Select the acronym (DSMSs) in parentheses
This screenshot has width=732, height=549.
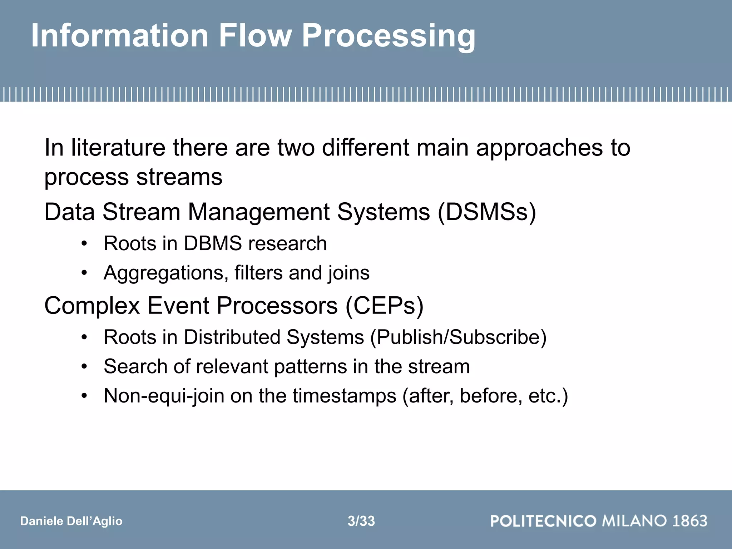(487, 212)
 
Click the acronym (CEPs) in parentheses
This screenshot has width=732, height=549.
(385, 306)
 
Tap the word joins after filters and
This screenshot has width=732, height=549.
(348, 273)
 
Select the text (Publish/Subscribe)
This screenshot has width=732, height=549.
(458, 337)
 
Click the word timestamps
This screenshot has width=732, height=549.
(345, 396)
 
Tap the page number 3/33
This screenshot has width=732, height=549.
(361, 521)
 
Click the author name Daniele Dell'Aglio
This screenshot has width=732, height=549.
(71, 521)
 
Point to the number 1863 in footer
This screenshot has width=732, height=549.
(690, 521)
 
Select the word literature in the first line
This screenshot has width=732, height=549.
(118, 148)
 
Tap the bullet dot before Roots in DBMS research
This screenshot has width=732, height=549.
(84, 244)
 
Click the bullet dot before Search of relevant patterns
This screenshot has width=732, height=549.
(84, 367)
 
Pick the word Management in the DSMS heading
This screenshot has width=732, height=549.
(259, 212)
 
